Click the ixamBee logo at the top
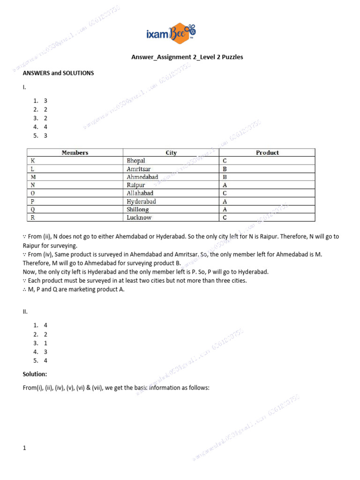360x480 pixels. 171,34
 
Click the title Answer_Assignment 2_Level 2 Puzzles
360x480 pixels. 187,57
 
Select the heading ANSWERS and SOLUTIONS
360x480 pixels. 59,73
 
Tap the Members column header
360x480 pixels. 75,152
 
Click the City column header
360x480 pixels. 171,152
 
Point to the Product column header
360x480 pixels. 267,152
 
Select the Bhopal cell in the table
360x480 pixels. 136,161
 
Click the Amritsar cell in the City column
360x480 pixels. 139,169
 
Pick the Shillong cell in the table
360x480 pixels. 137,210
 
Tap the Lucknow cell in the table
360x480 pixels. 139,217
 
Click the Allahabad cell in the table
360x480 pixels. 140,193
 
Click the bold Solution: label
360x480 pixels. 35,374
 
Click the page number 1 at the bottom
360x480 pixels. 24,448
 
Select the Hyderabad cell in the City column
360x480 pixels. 141,202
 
